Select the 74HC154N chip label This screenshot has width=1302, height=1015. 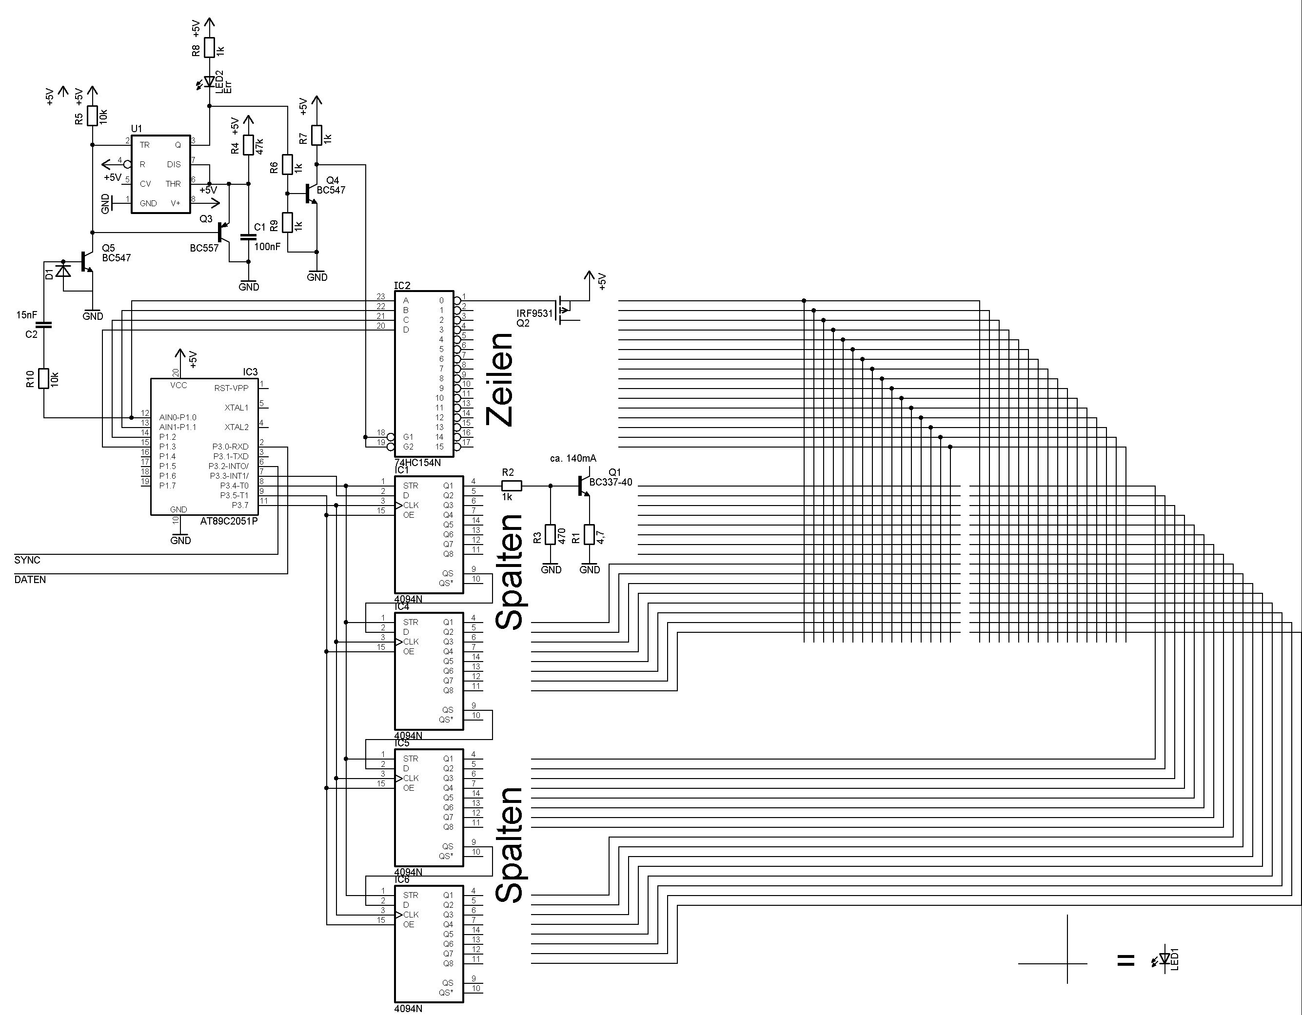(417, 463)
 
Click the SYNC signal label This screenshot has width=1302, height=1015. (27, 560)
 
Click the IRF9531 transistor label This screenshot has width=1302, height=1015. (535, 313)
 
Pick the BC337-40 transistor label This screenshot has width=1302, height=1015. (611, 482)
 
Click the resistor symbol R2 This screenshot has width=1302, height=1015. (512, 486)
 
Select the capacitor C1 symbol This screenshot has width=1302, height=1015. (249, 237)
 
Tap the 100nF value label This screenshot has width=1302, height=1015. (267, 246)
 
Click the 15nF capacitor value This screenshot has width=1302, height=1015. (26, 315)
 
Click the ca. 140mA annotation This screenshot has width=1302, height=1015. (573, 458)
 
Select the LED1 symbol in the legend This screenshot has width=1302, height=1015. (1165, 959)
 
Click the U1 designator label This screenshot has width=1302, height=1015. (137, 129)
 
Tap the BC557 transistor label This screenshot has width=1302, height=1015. (204, 248)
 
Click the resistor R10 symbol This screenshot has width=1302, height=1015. (43, 378)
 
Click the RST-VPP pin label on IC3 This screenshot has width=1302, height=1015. (231, 388)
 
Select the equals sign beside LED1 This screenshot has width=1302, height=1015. (1125, 959)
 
